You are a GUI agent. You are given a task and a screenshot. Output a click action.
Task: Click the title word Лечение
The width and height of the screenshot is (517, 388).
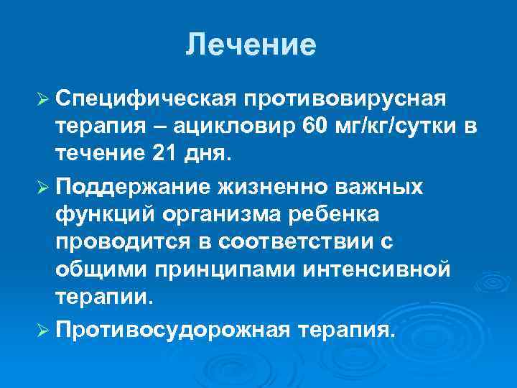(x=251, y=45)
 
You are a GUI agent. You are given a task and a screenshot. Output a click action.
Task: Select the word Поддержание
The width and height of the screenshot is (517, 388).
(x=132, y=185)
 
